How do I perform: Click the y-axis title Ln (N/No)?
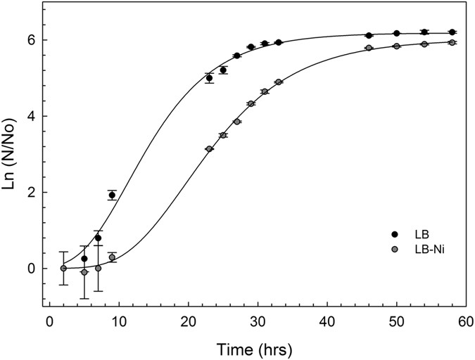[12, 155]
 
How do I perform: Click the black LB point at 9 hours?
[112, 195]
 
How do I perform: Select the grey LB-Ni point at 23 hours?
[209, 149]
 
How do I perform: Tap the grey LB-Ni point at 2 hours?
[63, 268]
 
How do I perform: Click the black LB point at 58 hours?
[451, 32]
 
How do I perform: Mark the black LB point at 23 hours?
[209, 78]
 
